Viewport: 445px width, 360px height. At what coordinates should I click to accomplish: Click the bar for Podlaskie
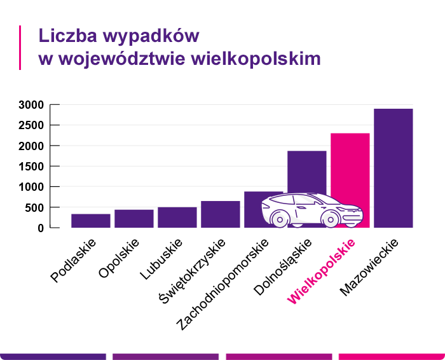pos(91,221)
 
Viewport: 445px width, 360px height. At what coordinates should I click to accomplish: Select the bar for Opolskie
pos(134,218)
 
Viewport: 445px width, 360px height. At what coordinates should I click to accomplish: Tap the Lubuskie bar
pos(177,217)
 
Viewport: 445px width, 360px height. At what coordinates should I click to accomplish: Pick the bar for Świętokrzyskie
pos(221,214)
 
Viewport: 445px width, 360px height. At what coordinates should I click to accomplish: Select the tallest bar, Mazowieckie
pos(394,168)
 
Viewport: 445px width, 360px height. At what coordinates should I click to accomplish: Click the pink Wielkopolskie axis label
pos(322,270)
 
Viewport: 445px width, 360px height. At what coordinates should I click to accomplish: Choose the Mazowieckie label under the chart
pos(369,267)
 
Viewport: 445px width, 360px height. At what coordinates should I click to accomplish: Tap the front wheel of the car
pos(330,218)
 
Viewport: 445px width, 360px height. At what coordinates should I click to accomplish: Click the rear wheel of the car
pos(279,218)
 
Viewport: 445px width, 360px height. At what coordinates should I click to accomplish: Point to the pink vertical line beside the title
pos(20,48)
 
